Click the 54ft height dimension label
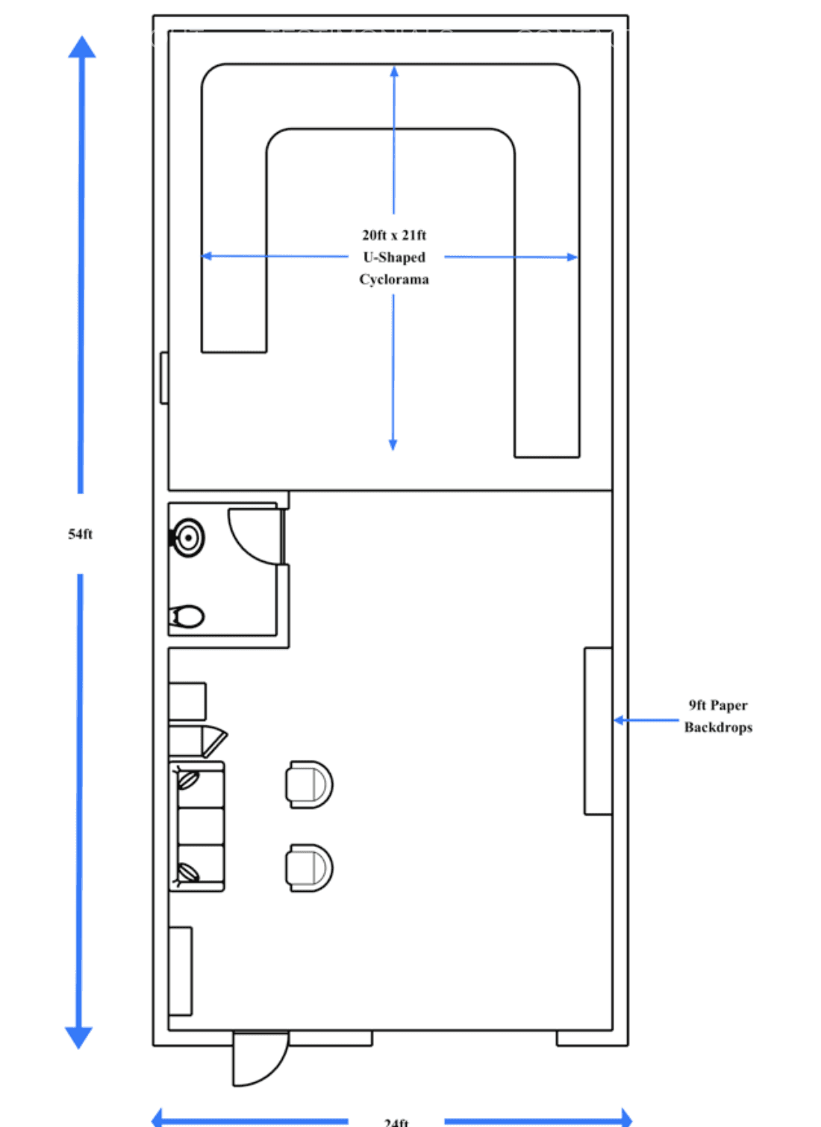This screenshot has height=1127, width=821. [81, 534]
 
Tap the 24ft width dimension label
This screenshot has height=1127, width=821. [396, 1122]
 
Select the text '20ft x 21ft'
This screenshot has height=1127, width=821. [394, 235]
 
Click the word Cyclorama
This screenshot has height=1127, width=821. [394, 280]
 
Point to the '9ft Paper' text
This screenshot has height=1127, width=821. [718, 705]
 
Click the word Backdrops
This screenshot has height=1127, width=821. [718, 728]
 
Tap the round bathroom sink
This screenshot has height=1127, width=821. [188, 537]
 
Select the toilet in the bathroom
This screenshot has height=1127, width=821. [187, 616]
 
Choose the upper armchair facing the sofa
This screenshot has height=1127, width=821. [309, 784]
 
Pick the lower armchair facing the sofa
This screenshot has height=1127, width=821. [309, 868]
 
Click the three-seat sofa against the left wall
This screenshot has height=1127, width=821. [198, 826]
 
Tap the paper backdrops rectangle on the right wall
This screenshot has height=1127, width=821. [598, 731]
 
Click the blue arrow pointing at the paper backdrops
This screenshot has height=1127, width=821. [646, 720]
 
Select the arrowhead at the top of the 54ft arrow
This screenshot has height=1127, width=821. [82, 47]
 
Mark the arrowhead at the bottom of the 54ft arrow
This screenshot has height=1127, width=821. [79, 1037]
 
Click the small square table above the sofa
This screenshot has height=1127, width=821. [187, 701]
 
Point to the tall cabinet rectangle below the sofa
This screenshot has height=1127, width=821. [181, 971]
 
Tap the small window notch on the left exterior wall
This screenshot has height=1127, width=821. [164, 378]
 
